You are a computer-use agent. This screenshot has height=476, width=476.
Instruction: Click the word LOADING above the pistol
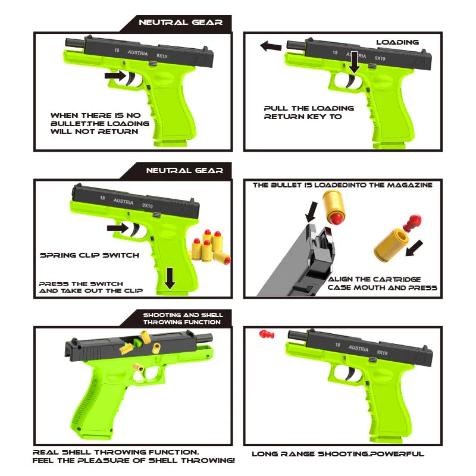tap(397, 42)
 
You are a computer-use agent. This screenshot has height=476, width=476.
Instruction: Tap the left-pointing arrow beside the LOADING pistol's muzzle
tap(271, 46)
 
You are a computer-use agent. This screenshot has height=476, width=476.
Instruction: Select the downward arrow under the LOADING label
tap(354, 63)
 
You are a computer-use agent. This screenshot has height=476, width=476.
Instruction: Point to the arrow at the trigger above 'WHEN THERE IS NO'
tap(114, 76)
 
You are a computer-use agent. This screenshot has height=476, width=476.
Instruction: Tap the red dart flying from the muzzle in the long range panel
tap(265, 334)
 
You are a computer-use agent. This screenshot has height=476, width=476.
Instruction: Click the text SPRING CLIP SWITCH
tap(89, 255)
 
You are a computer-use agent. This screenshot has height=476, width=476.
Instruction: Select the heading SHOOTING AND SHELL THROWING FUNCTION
tap(182, 318)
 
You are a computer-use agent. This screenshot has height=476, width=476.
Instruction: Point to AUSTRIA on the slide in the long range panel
tap(358, 347)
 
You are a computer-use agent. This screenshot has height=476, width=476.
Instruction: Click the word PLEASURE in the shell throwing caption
tap(131, 461)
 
